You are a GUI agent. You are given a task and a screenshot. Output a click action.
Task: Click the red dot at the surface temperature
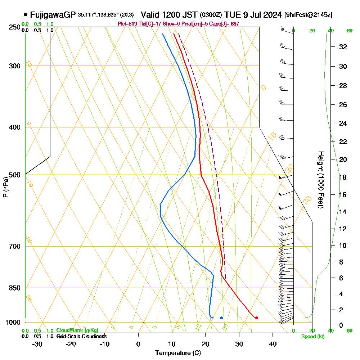tap(256, 318)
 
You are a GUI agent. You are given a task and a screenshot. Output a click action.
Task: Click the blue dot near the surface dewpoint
tap(221, 318)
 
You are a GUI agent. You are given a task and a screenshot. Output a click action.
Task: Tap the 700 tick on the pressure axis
tap(15, 247)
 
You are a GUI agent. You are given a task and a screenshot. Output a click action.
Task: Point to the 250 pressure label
tap(15, 27)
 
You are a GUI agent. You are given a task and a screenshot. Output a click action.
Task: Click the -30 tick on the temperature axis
tap(37, 344)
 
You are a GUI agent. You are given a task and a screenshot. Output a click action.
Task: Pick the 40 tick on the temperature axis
tap(273, 344)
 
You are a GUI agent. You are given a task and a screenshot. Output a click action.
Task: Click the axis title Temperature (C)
tap(178, 353)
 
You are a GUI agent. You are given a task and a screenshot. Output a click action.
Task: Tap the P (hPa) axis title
tap(5, 187)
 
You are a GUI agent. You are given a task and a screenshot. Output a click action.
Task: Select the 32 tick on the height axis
tap(343, 47)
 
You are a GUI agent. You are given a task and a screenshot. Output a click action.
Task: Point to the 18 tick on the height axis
tap(343, 177)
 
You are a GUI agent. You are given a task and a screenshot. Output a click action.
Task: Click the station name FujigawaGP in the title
tap(53, 15)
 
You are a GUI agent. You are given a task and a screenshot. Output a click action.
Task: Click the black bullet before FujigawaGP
tap(26, 15)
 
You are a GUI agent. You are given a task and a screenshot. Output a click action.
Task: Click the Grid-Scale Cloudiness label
tap(81, 336)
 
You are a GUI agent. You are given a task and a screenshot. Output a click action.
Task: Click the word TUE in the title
tap(231, 15)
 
